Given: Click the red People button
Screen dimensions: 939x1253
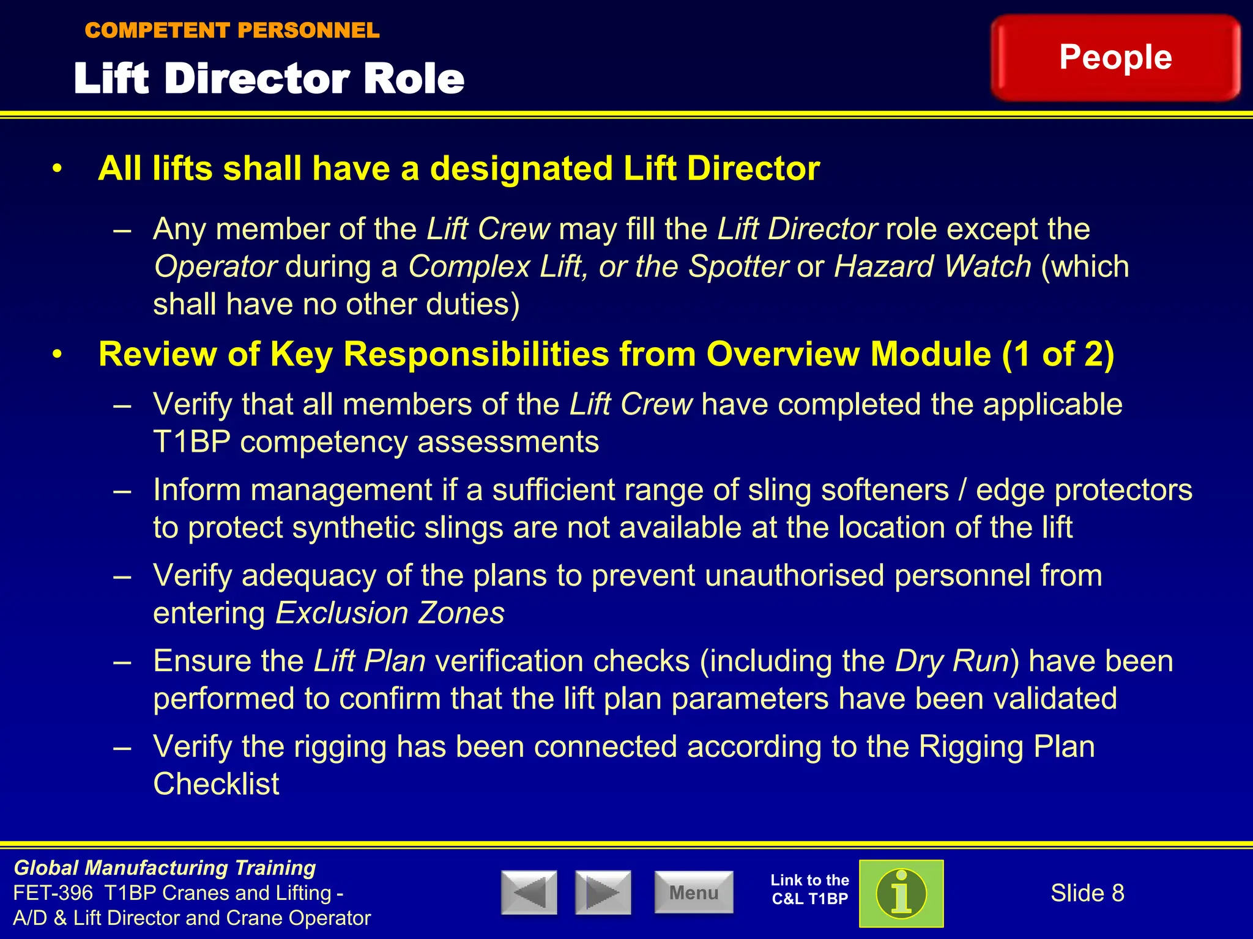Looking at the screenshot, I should click(x=1115, y=57).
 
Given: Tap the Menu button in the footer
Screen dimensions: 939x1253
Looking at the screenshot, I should click(x=694, y=893).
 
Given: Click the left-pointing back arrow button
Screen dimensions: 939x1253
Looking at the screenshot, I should click(x=529, y=893).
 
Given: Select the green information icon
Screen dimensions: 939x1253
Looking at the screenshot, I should click(x=901, y=893).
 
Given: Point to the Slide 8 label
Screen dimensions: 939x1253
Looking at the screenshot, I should click(x=1087, y=893).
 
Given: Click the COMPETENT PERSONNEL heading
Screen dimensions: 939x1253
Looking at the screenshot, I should click(x=232, y=30).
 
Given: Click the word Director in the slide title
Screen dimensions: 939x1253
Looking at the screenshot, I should click(x=258, y=79).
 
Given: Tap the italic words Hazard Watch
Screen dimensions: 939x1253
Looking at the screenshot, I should click(x=932, y=267).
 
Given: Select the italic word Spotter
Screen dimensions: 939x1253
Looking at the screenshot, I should click(x=738, y=267).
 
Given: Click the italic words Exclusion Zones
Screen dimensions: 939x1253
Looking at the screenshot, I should click(x=390, y=613).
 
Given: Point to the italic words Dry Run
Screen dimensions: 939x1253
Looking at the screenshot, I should click(x=952, y=661).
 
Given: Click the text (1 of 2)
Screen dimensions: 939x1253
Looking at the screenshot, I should click(x=1058, y=354).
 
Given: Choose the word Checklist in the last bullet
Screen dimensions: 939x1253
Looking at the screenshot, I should click(x=216, y=784).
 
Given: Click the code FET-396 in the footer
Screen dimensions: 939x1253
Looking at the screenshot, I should click(x=53, y=893).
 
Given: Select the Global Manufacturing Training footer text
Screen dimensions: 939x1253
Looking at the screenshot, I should click(x=165, y=868).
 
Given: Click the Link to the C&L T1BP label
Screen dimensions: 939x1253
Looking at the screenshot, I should click(x=809, y=889).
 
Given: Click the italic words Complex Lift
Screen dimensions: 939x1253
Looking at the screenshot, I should click(x=494, y=267).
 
